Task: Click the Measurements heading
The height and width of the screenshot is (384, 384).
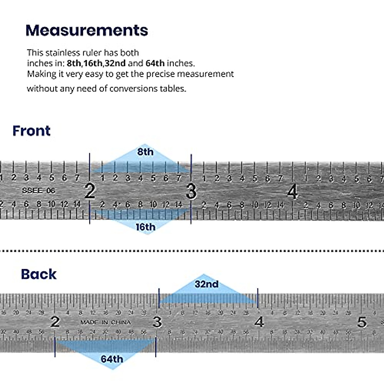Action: tap(87, 30)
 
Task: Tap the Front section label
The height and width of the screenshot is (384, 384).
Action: tap(31, 131)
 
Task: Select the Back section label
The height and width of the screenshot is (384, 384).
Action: tap(39, 274)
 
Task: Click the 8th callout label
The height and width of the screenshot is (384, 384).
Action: tap(145, 152)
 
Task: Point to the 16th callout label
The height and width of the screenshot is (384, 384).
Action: tap(145, 227)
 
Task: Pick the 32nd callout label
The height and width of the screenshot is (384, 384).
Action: tap(206, 284)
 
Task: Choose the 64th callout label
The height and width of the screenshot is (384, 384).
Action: tap(112, 359)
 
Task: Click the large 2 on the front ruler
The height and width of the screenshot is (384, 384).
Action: tap(90, 191)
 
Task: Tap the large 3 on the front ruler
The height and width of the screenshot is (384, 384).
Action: tap(191, 191)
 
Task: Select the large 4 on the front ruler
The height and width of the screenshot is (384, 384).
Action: tap(292, 192)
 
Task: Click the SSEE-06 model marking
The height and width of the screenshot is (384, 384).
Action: tap(38, 191)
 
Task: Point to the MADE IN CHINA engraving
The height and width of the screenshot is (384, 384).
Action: tap(106, 322)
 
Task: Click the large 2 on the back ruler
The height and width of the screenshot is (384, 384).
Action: tap(55, 322)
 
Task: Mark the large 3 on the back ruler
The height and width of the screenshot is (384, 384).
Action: tap(157, 322)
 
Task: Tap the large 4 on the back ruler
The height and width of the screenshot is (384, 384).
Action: tap(259, 322)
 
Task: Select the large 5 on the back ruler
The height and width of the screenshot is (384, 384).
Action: tap(362, 322)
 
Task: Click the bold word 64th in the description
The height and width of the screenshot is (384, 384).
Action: tap(155, 63)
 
